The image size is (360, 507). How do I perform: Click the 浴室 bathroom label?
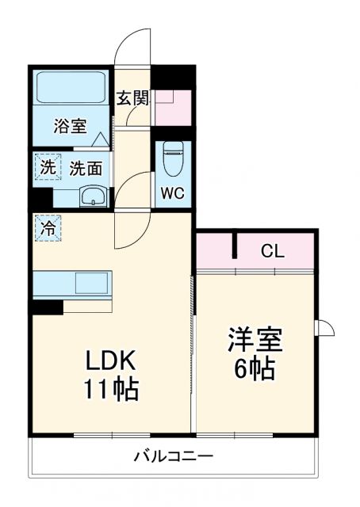69,125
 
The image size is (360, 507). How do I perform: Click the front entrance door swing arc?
130,46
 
